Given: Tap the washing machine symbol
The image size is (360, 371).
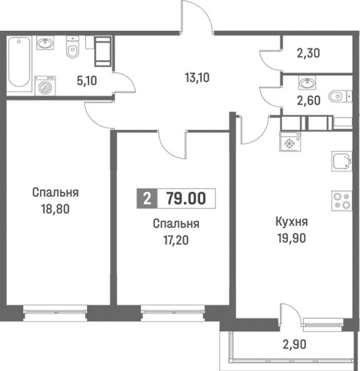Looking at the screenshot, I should pyautogui.click(x=45, y=87).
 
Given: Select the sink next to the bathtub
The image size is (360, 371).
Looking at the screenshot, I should pyautogui.click(x=45, y=44).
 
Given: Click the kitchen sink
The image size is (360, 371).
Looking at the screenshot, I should pyautogui.click(x=340, y=162).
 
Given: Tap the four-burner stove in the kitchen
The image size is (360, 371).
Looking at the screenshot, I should pyautogui.click(x=341, y=199).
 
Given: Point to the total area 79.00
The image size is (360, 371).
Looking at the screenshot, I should pyautogui.click(x=186, y=199).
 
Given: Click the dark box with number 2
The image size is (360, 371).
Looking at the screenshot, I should pyautogui.click(x=147, y=199).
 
